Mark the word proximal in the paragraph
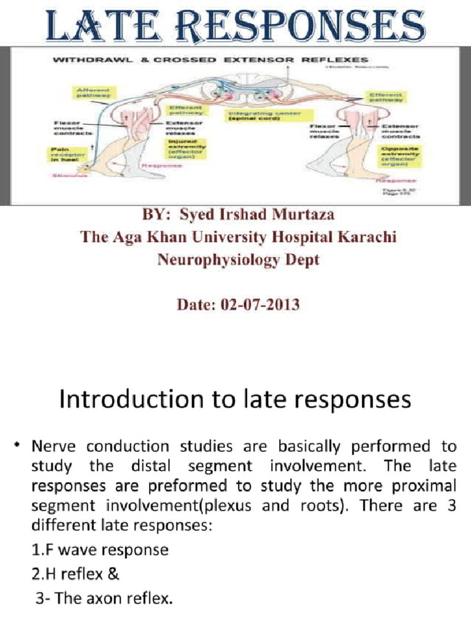[x=423, y=485]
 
